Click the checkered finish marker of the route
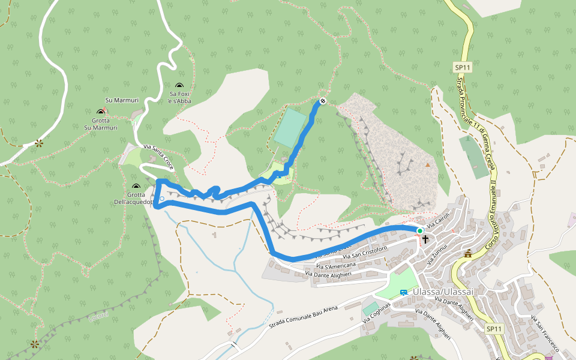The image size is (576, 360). [323, 101]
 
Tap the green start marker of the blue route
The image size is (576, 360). [420, 231]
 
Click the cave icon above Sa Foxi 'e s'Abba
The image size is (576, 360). [179, 86]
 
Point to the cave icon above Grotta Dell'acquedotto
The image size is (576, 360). [136, 187]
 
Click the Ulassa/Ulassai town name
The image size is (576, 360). [444, 292]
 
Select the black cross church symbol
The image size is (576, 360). [425, 239]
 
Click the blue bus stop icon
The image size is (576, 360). [403, 292]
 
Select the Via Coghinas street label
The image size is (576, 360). [377, 313]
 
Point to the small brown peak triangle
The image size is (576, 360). [428, 164]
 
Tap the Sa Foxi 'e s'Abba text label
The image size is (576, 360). [180, 97]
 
